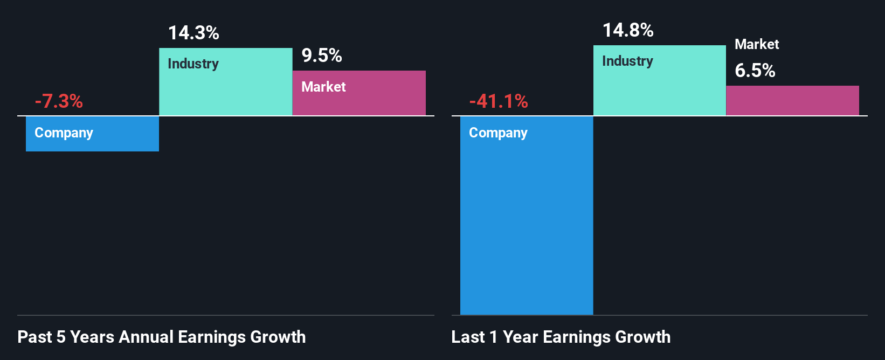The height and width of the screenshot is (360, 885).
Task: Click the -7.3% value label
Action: (x=59, y=101)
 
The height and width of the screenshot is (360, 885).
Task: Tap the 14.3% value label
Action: (x=193, y=33)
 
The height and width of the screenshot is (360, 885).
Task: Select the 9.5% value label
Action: (x=322, y=56)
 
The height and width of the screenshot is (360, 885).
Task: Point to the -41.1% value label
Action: (x=499, y=101)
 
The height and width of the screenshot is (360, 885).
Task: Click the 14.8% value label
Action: (x=628, y=30)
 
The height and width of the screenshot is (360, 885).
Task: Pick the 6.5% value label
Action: (x=755, y=71)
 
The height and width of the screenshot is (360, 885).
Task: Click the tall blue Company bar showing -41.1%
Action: (x=527, y=226)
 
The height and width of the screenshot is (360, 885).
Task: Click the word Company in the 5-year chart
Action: (x=64, y=133)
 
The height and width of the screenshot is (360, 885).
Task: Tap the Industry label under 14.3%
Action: (x=193, y=64)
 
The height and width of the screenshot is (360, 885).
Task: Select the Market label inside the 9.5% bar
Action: (x=323, y=87)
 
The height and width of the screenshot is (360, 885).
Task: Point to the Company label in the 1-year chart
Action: (x=498, y=133)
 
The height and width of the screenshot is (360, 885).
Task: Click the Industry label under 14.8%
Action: (x=627, y=61)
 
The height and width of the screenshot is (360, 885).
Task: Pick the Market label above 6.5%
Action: (x=757, y=44)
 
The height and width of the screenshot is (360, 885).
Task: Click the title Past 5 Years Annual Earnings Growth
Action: (x=162, y=337)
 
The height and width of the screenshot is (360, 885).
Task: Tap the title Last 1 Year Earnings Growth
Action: (x=561, y=337)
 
